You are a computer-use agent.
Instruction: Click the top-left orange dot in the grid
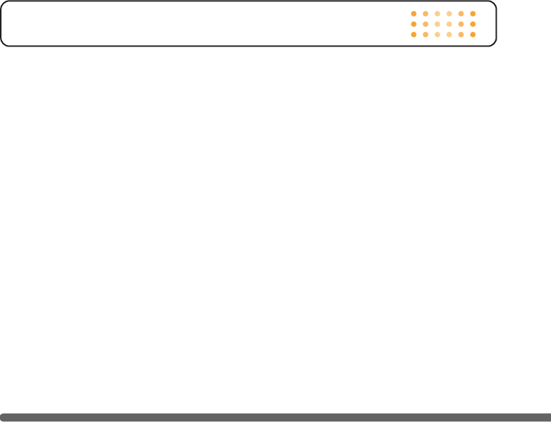point(413,13)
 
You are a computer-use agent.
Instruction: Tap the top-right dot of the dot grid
point(472,13)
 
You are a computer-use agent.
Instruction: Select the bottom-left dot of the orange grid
point(413,34)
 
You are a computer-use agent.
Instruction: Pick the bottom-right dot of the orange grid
point(472,34)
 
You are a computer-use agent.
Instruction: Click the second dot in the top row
point(425,13)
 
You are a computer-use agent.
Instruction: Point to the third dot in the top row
point(437,13)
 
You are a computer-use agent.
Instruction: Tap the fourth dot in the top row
point(449,13)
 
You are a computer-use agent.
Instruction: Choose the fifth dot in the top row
point(461,13)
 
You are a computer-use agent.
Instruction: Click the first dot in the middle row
point(413,24)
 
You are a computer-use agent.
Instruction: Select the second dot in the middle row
point(425,24)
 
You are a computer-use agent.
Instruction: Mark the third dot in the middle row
point(437,24)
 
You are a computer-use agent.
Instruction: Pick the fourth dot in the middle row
point(449,24)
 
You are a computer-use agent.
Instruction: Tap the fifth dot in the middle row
point(461,24)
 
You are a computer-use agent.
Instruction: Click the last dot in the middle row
point(472,24)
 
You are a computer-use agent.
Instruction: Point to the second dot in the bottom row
point(425,34)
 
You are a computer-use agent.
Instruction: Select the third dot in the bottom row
point(437,34)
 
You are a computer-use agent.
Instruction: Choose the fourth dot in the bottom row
point(449,34)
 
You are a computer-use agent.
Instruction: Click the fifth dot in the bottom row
point(461,34)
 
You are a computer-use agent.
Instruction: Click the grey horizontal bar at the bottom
point(275,417)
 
